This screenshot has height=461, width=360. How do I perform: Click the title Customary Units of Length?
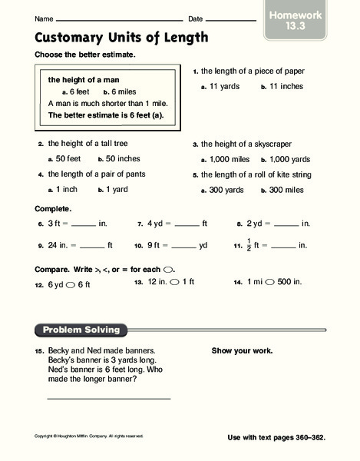click(121, 38)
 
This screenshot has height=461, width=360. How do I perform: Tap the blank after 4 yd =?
click(187, 225)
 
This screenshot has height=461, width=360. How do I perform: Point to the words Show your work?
click(241, 351)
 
